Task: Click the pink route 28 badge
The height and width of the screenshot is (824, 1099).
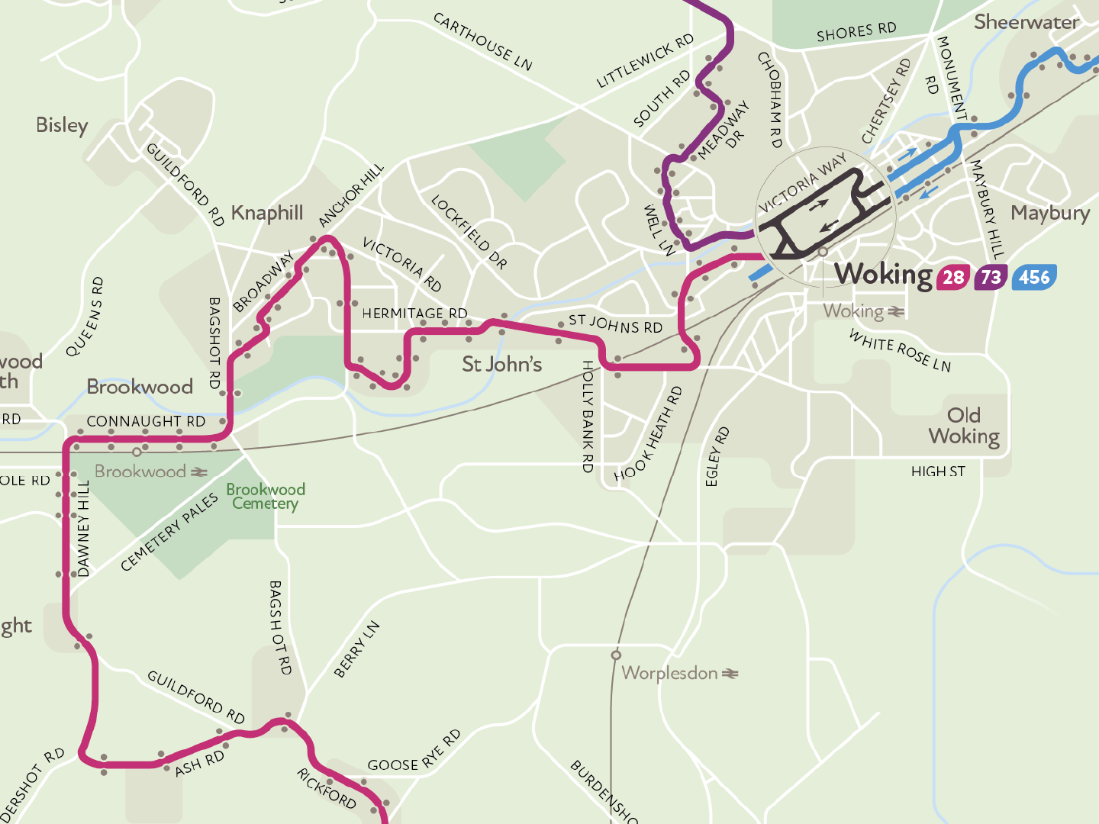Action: pyautogui.click(x=953, y=277)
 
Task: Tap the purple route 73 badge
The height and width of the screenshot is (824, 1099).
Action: pyautogui.click(x=991, y=277)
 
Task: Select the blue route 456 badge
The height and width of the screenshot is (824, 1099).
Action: pyautogui.click(x=1034, y=277)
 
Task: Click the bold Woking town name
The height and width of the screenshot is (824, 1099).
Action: pyautogui.click(x=883, y=274)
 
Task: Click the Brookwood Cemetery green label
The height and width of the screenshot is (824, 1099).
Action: pyautogui.click(x=265, y=496)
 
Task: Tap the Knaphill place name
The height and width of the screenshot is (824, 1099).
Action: pyautogui.click(x=267, y=213)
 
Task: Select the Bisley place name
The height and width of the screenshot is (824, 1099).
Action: pyautogui.click(x=62, y=125)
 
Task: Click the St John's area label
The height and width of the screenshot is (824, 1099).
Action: pyautogui.click(x=501, y=364)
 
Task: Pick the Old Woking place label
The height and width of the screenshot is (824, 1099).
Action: pyautogui.click(x=964, y=426)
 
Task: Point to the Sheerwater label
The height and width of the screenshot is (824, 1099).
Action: pyautogui.click(x=1026, y=22)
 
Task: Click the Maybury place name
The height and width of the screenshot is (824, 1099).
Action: pyautogui.click(x=1050, y=213)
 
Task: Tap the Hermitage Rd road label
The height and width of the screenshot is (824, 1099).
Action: pyautogui.click(x=414, y=314)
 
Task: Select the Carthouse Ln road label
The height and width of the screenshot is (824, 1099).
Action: pyautogui.click(x=482, y=41)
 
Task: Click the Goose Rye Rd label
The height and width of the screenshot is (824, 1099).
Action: pyautogui.click(x=414, y=752)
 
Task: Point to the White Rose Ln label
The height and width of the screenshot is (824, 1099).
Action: pyautogui.click(x=900, y=350)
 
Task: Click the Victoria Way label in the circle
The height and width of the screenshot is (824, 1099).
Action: pyautogui.click(x=802, y=184)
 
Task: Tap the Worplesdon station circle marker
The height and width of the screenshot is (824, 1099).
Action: pyautogui.click(x=616, y=655)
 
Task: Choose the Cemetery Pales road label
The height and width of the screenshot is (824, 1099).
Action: pyautogui.click(x=169, y=532)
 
